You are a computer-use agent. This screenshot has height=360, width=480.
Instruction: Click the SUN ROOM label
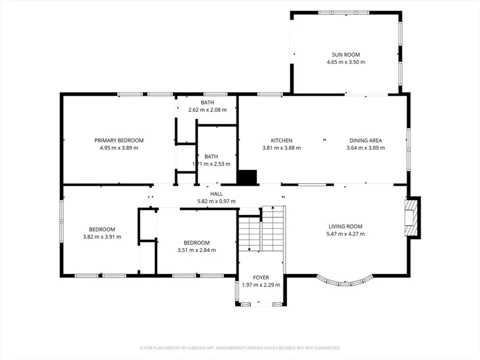coord(346,55)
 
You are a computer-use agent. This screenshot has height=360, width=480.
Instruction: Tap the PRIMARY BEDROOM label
coord(119,140)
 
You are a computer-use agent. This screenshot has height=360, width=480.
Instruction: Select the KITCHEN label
coord(281,140)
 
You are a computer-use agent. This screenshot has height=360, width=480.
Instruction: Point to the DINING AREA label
coord(366,140)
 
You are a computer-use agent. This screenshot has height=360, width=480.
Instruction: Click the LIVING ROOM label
coord(346,226)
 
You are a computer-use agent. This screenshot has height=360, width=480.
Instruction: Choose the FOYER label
coord(261,277)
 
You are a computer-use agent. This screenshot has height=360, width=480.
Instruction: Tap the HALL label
coord(216,194)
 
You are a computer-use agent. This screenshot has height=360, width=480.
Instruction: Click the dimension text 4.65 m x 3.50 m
coord(346,62)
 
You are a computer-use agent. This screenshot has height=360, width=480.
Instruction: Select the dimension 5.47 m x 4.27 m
coord(346,234)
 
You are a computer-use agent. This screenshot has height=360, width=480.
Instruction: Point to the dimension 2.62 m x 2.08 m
coord(207,110)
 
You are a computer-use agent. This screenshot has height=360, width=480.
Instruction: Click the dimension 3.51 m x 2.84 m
coord(197,250)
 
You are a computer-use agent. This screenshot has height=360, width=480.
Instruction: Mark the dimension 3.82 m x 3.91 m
coord(102,237)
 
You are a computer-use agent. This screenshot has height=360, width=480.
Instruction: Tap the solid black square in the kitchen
coord(247,177)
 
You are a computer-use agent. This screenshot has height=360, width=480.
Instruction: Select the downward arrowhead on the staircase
coord(249,249)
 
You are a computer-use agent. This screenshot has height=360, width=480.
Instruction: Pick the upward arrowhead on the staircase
coord(273,207)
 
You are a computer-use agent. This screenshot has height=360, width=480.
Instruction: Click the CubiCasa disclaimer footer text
coord(240,348)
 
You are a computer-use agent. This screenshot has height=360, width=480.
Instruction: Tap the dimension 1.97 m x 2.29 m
coord(261,285)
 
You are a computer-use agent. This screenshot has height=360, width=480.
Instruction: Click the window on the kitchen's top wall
coord(270,94)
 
